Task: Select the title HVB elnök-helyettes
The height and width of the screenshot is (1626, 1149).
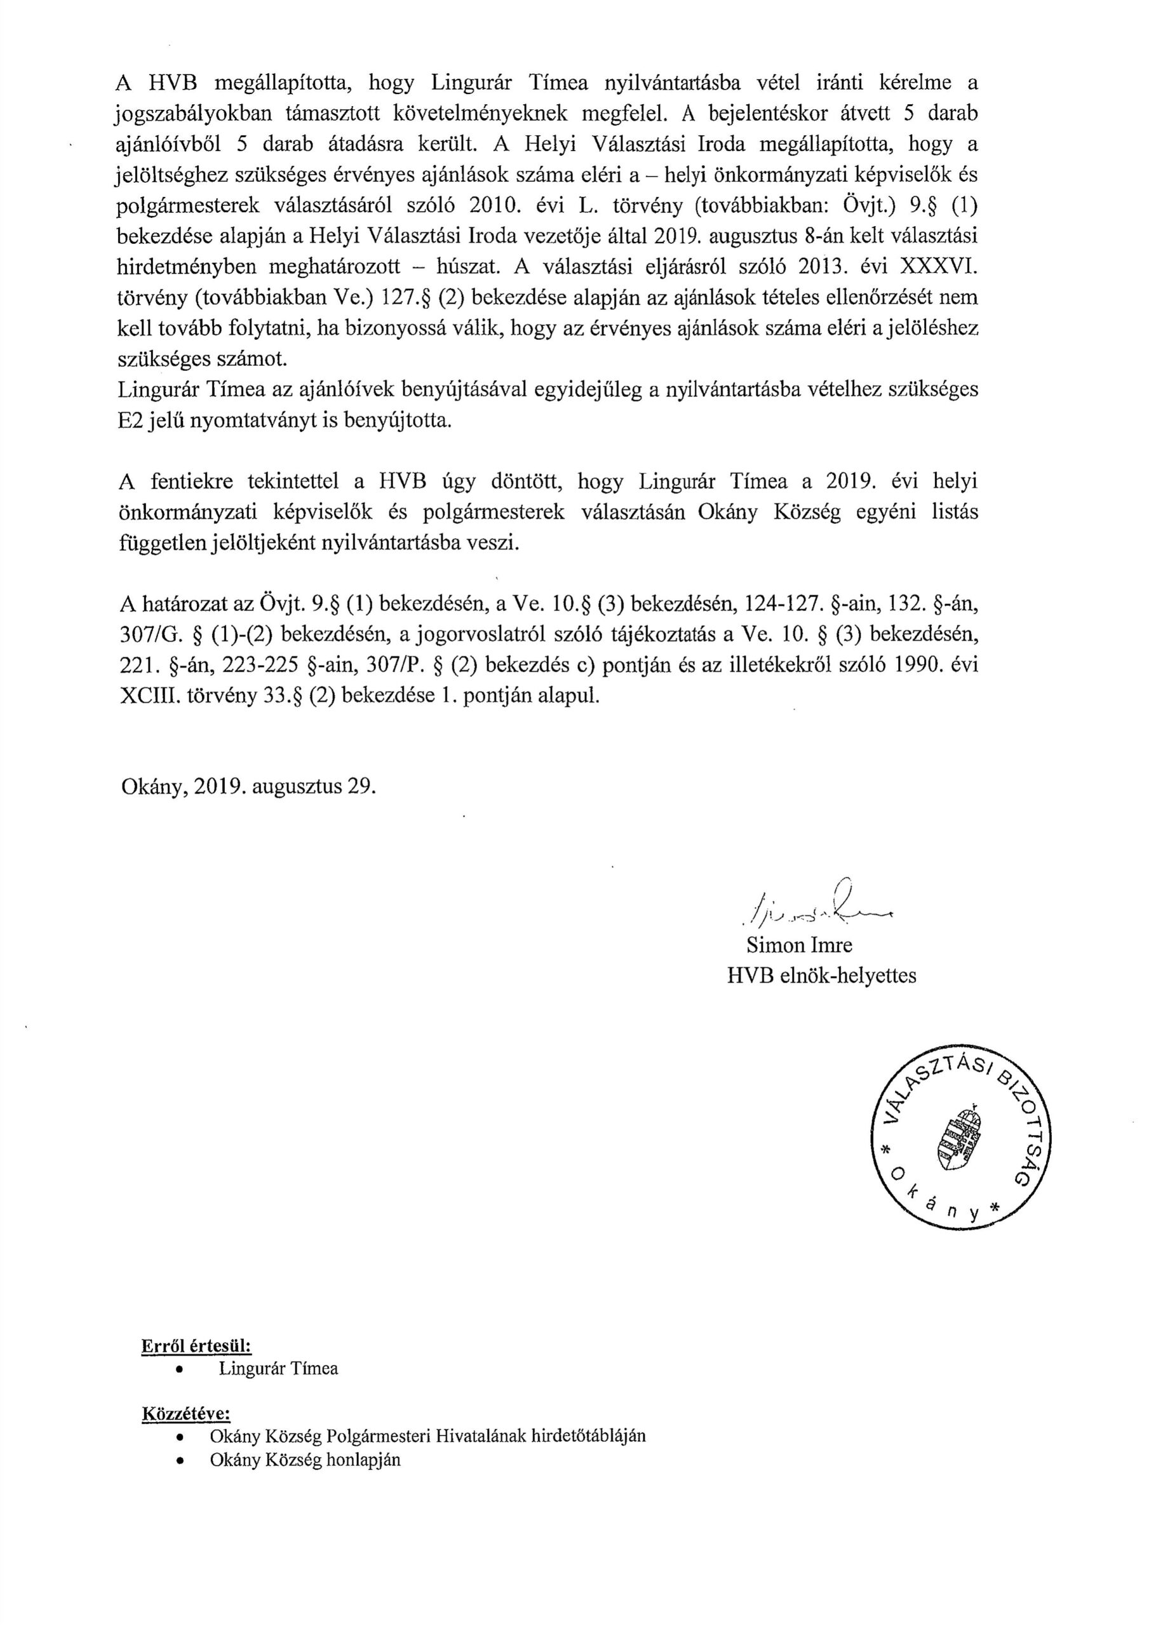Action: (821, 976)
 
